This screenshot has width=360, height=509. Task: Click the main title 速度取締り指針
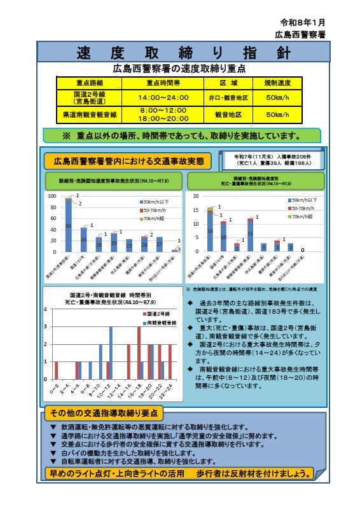(x=179, y=52)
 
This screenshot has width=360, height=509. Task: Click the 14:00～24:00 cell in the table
(x=163, y=97)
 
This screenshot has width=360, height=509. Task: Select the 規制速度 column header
(x=279, y=83)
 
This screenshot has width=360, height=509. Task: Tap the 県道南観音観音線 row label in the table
(x=90, y=115)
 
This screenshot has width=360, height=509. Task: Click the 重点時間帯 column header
(x=163, y=83)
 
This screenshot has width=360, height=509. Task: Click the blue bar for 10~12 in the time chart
(x=111, y=352)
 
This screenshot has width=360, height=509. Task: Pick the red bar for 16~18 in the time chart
(x=139, y=352)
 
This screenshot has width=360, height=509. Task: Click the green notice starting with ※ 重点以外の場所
(x=181, y=135)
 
